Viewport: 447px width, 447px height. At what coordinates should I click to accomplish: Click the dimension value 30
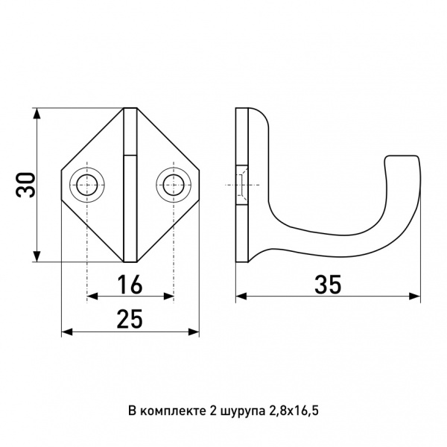pyautogui.click(x=25, y=185)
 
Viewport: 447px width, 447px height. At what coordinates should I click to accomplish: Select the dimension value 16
pyautogui.click(x=130, y=285)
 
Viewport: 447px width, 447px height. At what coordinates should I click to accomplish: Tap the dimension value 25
pyautogui.click(x=130, y=319)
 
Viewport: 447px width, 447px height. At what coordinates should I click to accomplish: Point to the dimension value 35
pyautogui.click(x=328, y=285)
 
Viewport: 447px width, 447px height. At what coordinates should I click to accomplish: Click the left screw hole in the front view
pyautogui.click(x=87, y=185)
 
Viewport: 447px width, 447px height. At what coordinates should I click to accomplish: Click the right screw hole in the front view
pyautogui.click(x=174, y=185)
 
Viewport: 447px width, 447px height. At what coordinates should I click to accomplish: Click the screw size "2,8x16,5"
pyautogui.click(x=294, y=411)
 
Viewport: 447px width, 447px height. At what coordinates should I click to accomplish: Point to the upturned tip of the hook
pyautogui.click(x=402, y=156)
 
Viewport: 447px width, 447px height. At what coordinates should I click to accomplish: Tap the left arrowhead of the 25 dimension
pyautogui.click(x=67, y=332)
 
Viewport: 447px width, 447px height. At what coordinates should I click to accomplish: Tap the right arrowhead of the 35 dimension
pyautogui.click(x=415, y=297)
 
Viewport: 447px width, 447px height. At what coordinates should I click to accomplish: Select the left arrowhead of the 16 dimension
pyautogui.click(x=92, y=297)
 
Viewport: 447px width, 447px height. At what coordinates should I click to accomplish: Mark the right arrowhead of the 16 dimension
pyautogui.click(x=168, y=297)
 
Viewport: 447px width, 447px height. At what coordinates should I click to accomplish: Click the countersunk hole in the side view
pyautogui.click(x=241, y=185)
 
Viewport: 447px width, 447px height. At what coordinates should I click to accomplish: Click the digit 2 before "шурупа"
pyautogui.click(x=212, y=411)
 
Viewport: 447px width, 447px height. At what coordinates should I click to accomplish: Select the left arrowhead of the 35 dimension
pyautogui.click(x=241, y=297)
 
